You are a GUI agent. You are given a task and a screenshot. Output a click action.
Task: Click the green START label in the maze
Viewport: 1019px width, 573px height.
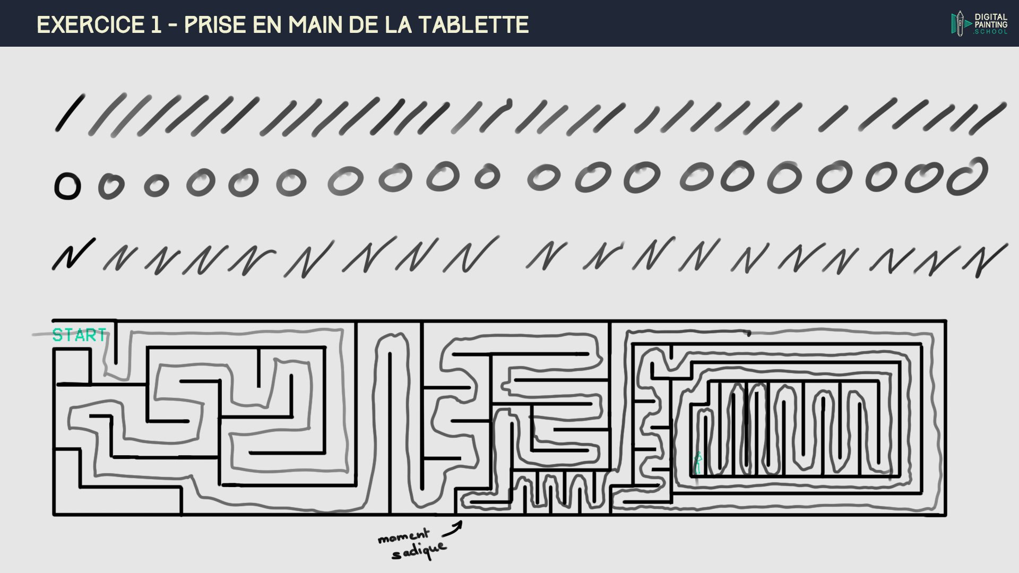tap(80, 335)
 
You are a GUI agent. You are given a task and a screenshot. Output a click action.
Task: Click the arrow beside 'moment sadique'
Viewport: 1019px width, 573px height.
tap(453, 527)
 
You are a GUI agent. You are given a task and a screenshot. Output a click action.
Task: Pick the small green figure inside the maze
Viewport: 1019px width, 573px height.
tap(698, 463)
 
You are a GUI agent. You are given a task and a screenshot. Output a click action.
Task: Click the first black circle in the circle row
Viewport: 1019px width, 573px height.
tap(67, 187)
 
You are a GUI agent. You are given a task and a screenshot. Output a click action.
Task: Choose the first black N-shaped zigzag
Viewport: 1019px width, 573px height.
tap(73, 254)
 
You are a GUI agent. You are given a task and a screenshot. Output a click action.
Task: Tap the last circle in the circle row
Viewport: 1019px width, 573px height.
tap(967, 177)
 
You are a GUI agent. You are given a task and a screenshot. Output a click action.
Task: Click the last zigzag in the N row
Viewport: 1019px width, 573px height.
tap(985, 261)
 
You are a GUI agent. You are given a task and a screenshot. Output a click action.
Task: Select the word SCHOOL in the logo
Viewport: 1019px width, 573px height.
tap(991, 32)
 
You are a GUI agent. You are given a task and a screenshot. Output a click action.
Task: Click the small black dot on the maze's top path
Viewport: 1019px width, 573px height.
tap(749, 334)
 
